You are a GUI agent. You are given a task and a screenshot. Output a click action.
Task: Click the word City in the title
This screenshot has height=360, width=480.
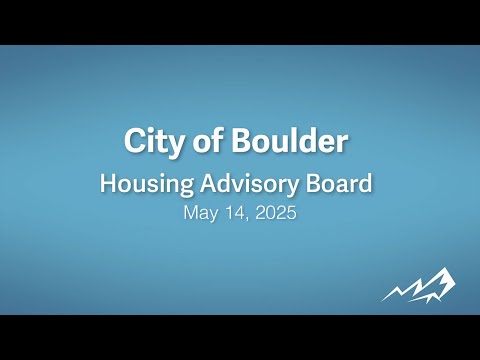(154, 142)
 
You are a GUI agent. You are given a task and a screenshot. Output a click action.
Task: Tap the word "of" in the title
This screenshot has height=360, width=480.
(208, 140)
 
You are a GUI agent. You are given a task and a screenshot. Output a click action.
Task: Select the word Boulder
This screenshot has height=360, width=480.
(290, 140)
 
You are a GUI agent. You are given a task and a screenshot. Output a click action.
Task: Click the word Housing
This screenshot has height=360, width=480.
(147, 184)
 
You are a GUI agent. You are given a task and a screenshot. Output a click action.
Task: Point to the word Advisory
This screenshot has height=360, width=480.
(249, 184)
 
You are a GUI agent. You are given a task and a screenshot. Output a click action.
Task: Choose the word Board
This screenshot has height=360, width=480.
(339, 183)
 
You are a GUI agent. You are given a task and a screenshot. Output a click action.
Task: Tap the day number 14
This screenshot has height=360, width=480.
(236, 212)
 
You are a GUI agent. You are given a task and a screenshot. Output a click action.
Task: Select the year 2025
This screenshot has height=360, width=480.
(276, 212)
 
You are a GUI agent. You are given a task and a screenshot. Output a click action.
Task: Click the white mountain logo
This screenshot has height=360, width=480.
(419, 286)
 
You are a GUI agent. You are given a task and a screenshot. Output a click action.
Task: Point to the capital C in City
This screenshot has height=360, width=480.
(136, 141)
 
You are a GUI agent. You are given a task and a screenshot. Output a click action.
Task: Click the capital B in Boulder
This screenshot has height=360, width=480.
(242, 141)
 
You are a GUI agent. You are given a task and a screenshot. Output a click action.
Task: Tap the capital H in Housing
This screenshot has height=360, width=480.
(109, 183)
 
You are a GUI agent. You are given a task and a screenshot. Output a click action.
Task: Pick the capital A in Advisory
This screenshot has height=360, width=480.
(209, 183)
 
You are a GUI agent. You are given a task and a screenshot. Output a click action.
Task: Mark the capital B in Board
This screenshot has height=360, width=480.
(313, 183)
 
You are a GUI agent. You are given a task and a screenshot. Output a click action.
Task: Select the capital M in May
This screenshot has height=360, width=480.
(191, 212)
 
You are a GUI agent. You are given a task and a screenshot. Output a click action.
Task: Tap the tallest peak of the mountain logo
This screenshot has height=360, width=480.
(445, 269)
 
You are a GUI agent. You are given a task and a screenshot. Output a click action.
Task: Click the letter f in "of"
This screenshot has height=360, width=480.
(217, 140)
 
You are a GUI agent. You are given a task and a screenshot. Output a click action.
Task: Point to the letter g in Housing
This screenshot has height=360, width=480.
(186, 187)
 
